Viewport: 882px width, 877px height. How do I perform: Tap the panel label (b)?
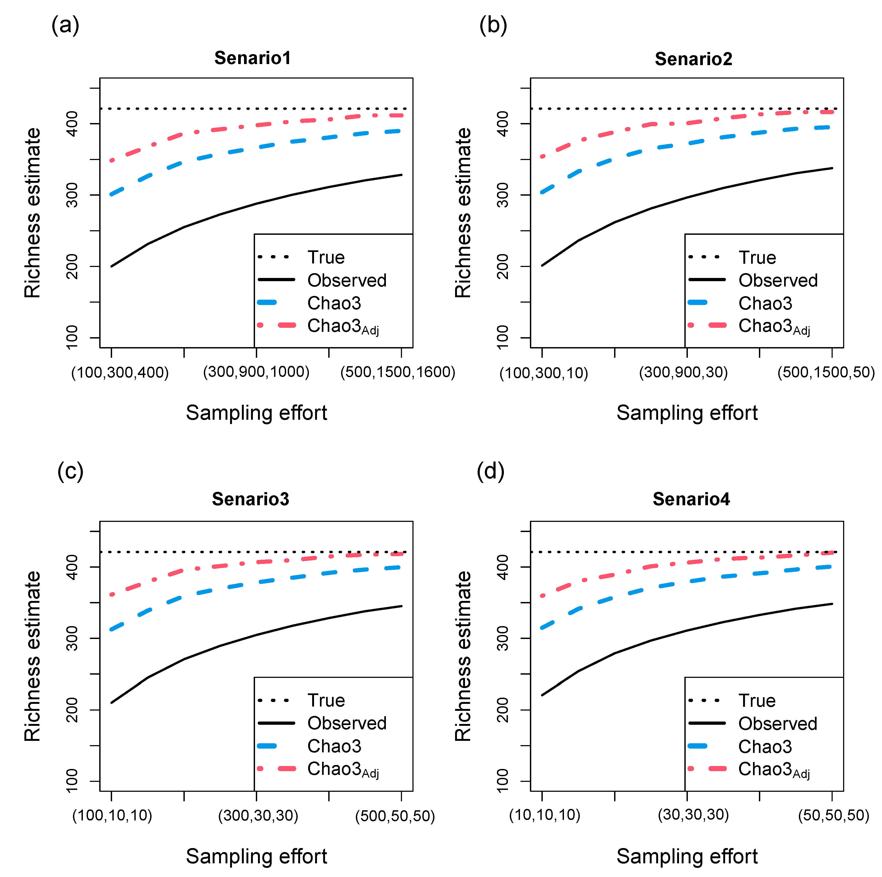click(x=493, y=25)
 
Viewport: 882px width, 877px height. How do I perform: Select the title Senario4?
click(x=691, y=499)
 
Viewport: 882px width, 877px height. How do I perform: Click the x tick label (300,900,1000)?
click(x=256, y=372)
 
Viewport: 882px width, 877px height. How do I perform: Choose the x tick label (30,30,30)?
click(x=693, y=815)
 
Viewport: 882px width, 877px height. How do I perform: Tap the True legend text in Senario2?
click(x=757, y=257)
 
